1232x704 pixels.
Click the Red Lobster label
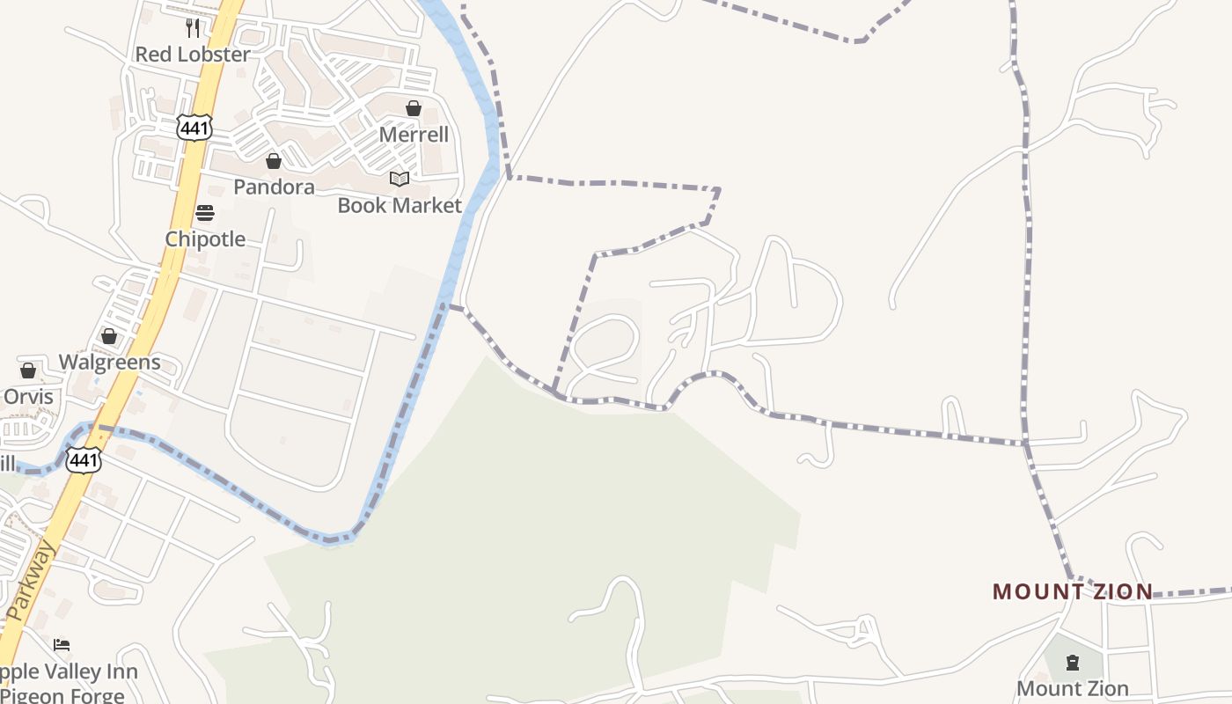pyautogui.click(x=193, y=55)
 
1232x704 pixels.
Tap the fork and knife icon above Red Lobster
pyautogui.click(x=193, y=27)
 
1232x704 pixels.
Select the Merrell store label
pyautogui.click(x=414, y=135)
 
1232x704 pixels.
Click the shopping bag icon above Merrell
pyautogui.click(x=414, y=108)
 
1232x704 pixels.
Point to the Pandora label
pyautogui.click(x=274, y=187)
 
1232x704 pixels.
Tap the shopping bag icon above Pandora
pyautogui.click(x=274, y=161)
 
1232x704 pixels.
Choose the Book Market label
pyautogui.click(x=400, y=205)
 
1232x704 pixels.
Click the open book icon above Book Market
pyautogui.click(x=400, y=180)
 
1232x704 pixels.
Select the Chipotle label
pyautogui.click(x=205, y=239)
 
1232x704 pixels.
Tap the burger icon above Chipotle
pyautogui.click(x=205, y=213)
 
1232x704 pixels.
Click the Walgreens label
pyautogui.click(x=109, y=362)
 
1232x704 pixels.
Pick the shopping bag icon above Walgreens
pyautogui.click(x=109, y=336)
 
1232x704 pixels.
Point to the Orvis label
pyautogui.click(x=28, y=397)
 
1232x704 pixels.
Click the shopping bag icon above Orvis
pyautogui.click(x=28, y=370)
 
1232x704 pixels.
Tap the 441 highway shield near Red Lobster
pyautogui.click(x=194, y=128)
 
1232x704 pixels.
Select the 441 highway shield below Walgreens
pyautogui.click(x=84, y=459)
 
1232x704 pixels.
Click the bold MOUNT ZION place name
pyautogui.click(x=1073, y=591)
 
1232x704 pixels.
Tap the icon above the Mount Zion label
pyautogui.click(x=1072, y=662)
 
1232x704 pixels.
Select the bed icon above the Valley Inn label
pyautogui.click(x=62, y=645)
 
